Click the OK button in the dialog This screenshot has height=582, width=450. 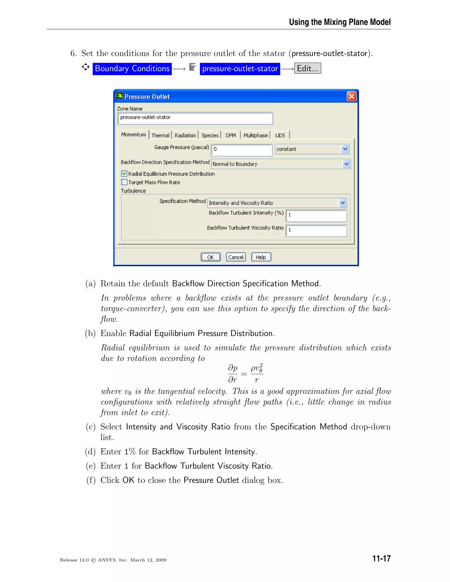(210, 257)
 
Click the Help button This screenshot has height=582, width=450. (261, 257)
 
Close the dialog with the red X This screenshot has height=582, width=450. (351, 96)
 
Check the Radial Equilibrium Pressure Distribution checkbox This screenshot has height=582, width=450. (124, 174)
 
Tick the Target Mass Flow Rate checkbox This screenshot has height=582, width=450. (124, 182)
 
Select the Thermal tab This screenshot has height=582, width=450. (160, 135)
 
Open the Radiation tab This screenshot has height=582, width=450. (185, 135)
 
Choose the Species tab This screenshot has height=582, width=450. (210, 135)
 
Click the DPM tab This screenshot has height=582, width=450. (230, 135)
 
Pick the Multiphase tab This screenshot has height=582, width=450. (255, 135)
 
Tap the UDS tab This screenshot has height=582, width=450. (280, 135)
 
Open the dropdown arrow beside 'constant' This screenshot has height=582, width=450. (345, 149)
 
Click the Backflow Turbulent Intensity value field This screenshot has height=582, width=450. (316, 215)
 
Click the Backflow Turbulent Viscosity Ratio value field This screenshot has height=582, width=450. (316, 230)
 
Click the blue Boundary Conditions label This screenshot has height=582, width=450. (132, 69)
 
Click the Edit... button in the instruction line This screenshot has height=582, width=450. (308, 69)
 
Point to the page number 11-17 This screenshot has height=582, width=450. (381, 558)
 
